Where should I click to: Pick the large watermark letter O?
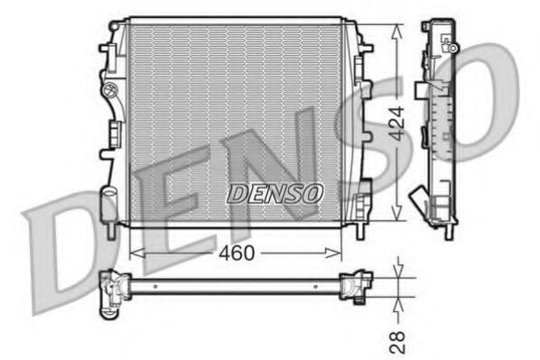492,99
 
